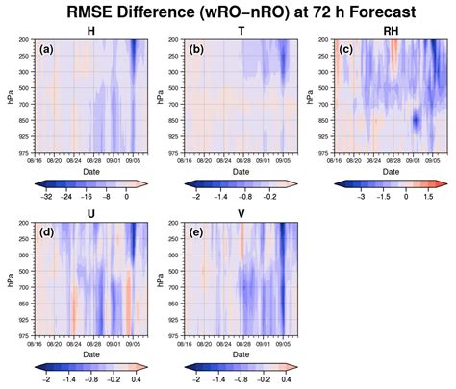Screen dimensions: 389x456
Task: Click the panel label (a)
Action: [45, 48]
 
